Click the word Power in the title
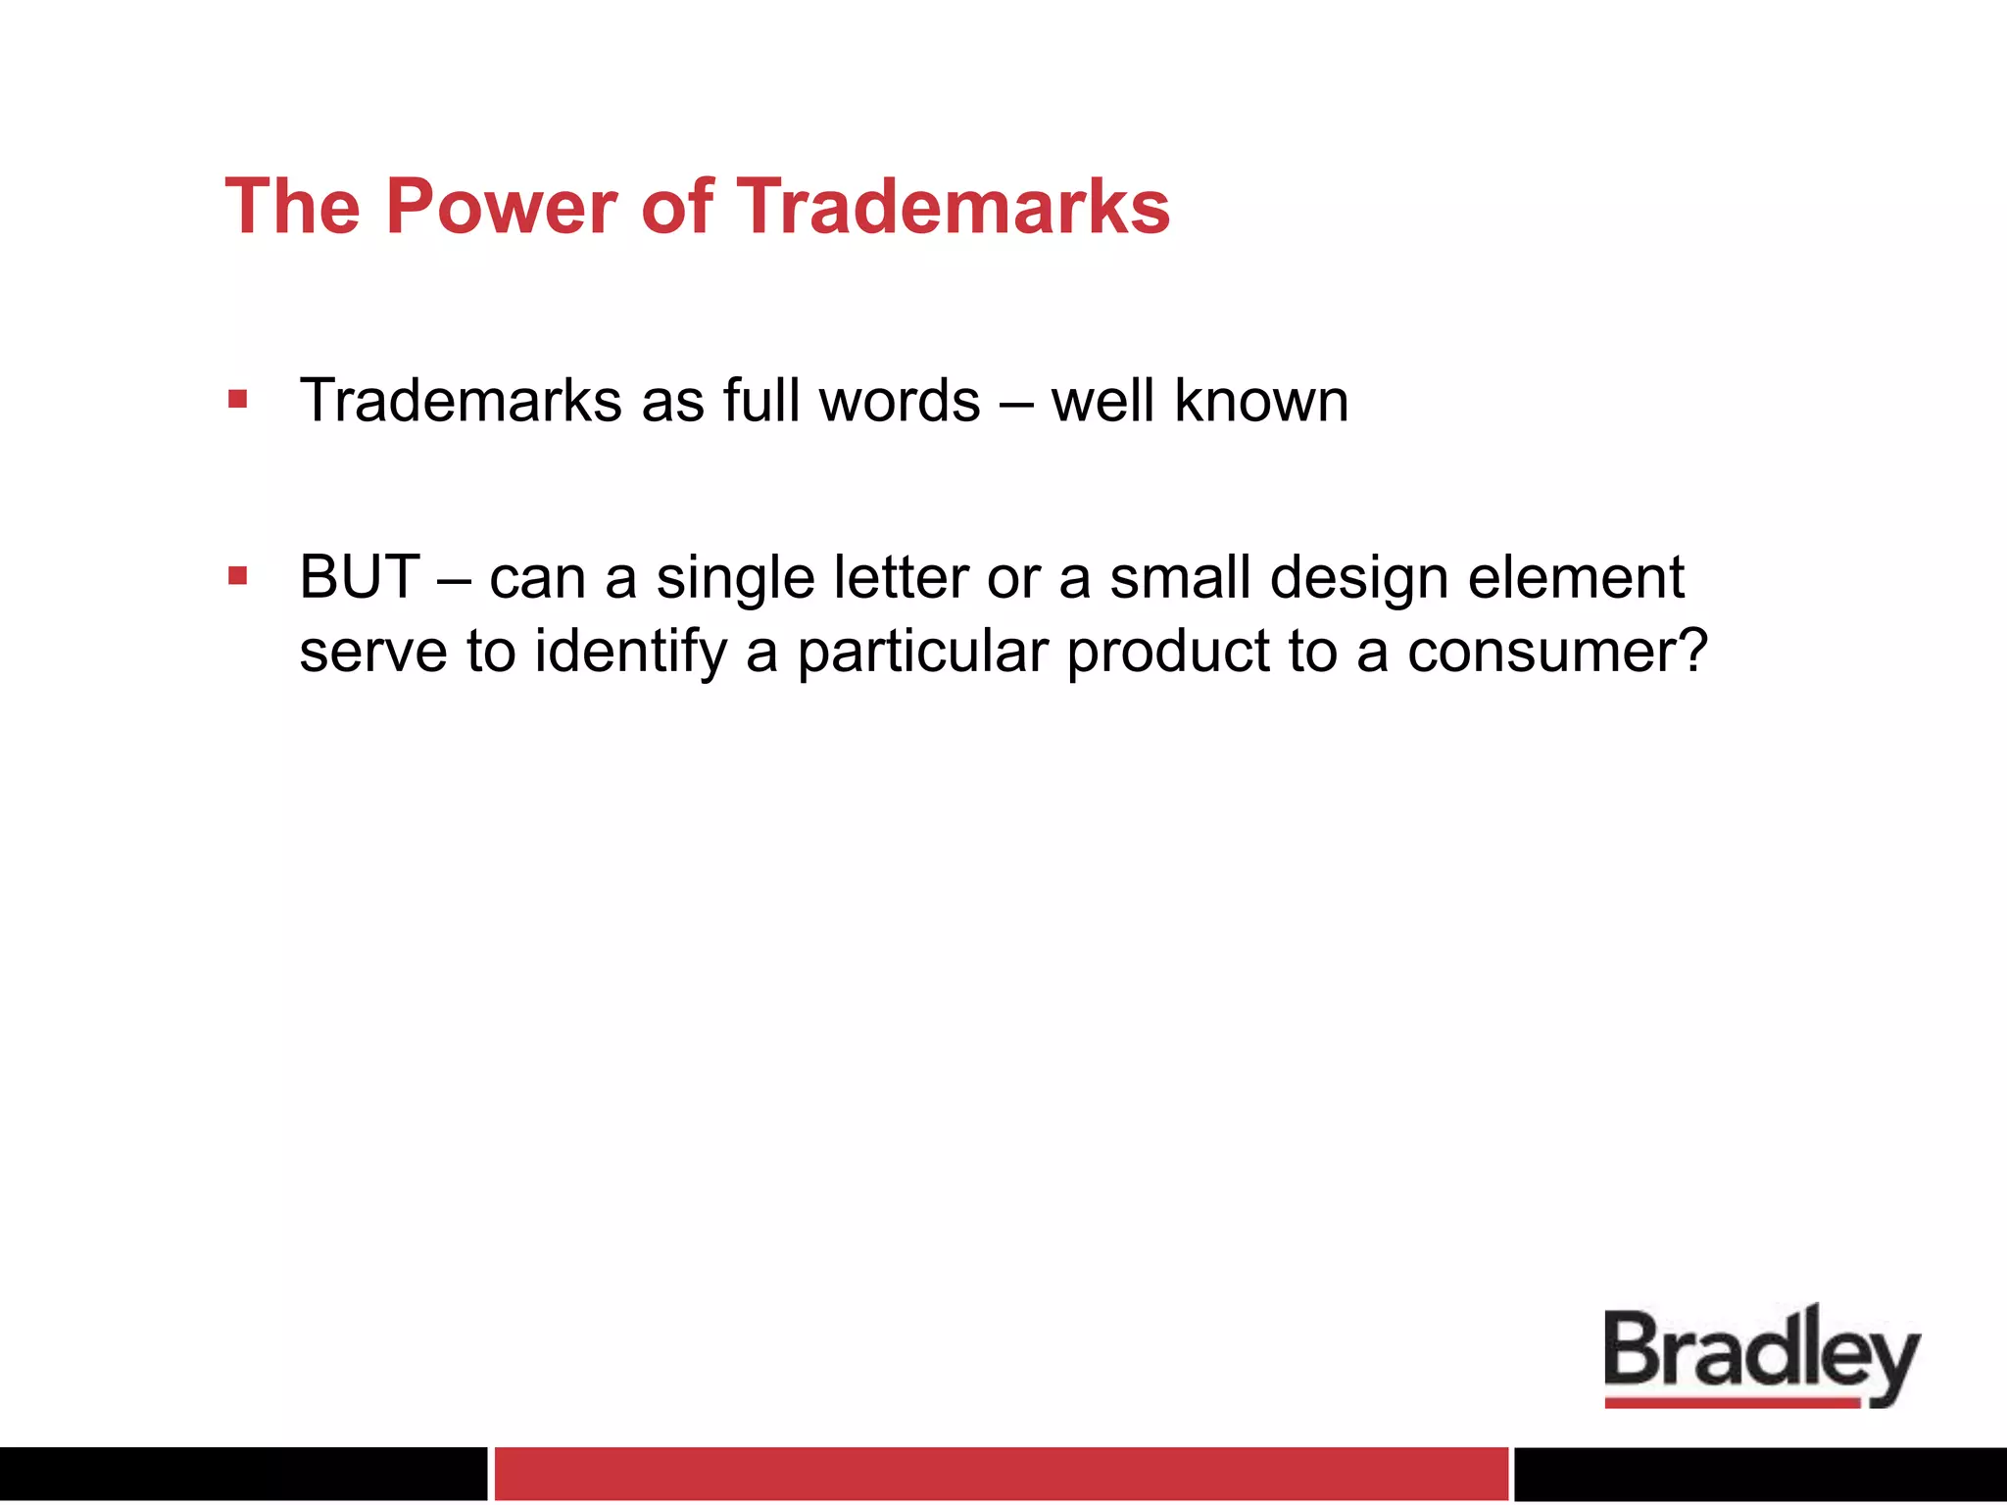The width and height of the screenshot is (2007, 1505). tap(501, 208)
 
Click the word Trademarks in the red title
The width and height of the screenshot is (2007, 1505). tap(953, 208)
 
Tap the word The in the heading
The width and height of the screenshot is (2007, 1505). tap(292, 208)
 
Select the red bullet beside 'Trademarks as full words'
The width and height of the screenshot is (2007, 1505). tap(237, 400)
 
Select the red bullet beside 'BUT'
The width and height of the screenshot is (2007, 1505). tap(237, 576)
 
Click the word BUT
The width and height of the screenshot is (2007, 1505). tap(360, 577)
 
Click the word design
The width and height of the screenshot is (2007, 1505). tap(1359, 577)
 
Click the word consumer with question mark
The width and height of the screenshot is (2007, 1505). tap(1558, 653)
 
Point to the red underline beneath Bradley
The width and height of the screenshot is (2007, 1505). tap(1732, 1403)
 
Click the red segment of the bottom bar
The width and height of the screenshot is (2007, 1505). tap(1001, 1473)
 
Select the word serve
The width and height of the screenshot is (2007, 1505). tap(373, 653)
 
